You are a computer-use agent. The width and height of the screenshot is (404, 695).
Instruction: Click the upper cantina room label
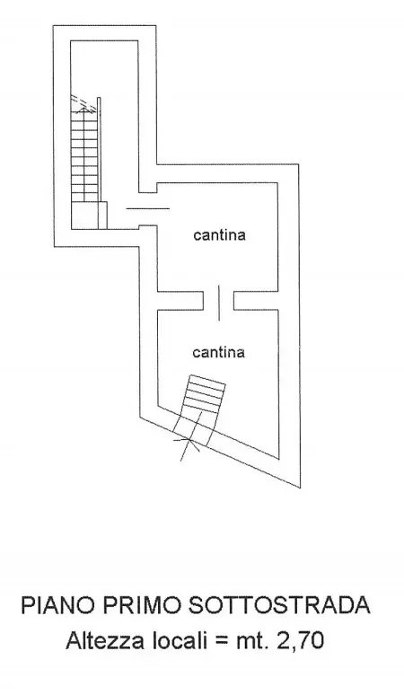(x=219, y=235)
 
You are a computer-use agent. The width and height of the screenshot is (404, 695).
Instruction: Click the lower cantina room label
(x=218, y=352)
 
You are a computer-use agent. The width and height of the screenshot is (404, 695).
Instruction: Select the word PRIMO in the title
(x=139, y=605)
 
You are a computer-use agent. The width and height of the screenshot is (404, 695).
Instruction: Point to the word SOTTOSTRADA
(x=279, y=605)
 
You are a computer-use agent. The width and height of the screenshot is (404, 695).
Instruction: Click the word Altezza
(x=105, y=641)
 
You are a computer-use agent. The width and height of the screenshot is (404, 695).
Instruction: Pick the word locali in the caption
(x=180, y=641)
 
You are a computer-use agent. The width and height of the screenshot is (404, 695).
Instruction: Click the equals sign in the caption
(x=221, y=642)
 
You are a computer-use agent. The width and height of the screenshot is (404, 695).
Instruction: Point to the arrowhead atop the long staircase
(x=83, y=108)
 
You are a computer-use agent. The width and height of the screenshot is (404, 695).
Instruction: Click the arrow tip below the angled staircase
(x=189, y=440)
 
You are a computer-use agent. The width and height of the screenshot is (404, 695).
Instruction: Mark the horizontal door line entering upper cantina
(x=147, y=208)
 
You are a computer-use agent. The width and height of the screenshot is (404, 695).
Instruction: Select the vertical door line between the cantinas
(x=219, y=303)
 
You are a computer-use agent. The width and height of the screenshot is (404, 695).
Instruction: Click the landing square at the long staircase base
(x=89, y=216)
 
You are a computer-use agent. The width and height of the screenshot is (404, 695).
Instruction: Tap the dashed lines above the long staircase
(x=83, y=103)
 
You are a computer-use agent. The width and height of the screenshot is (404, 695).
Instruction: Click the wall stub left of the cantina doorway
(x=180, y=301)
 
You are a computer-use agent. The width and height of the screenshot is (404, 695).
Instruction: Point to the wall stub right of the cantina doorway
(x=256, y=301)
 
